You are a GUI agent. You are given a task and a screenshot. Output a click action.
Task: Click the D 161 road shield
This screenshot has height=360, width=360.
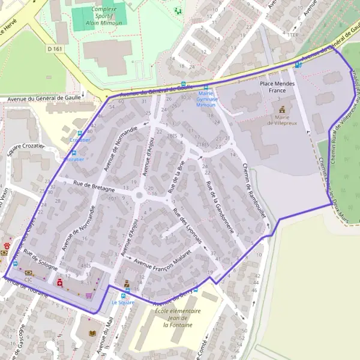click(x=54, y=49)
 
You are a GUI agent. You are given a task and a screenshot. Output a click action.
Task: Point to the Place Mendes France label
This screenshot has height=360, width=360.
click(x=277, y=88)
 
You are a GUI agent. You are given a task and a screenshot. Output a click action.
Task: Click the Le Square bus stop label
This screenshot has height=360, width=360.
click(x=123, y=303)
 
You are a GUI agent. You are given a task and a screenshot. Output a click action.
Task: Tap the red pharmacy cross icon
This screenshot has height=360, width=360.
click(x=59, y=282)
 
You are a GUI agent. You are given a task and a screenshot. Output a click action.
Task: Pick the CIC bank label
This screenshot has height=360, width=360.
click(x=28, y=280)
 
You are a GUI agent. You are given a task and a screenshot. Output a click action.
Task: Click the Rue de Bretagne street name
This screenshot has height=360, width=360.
click(x=94, y=186)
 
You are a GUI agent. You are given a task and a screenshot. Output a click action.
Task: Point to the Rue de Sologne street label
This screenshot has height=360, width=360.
click(x=41, y=261)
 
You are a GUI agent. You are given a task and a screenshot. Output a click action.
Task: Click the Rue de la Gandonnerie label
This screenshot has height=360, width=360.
click(x=221, y=207)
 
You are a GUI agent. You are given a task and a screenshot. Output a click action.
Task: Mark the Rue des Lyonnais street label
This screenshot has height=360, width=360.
click(x=186, y=227)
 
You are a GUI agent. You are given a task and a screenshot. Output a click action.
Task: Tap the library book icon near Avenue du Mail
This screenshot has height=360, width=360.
click(x=92, y=333)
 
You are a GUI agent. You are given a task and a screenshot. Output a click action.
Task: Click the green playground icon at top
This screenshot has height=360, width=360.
click(x=177, y=10)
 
